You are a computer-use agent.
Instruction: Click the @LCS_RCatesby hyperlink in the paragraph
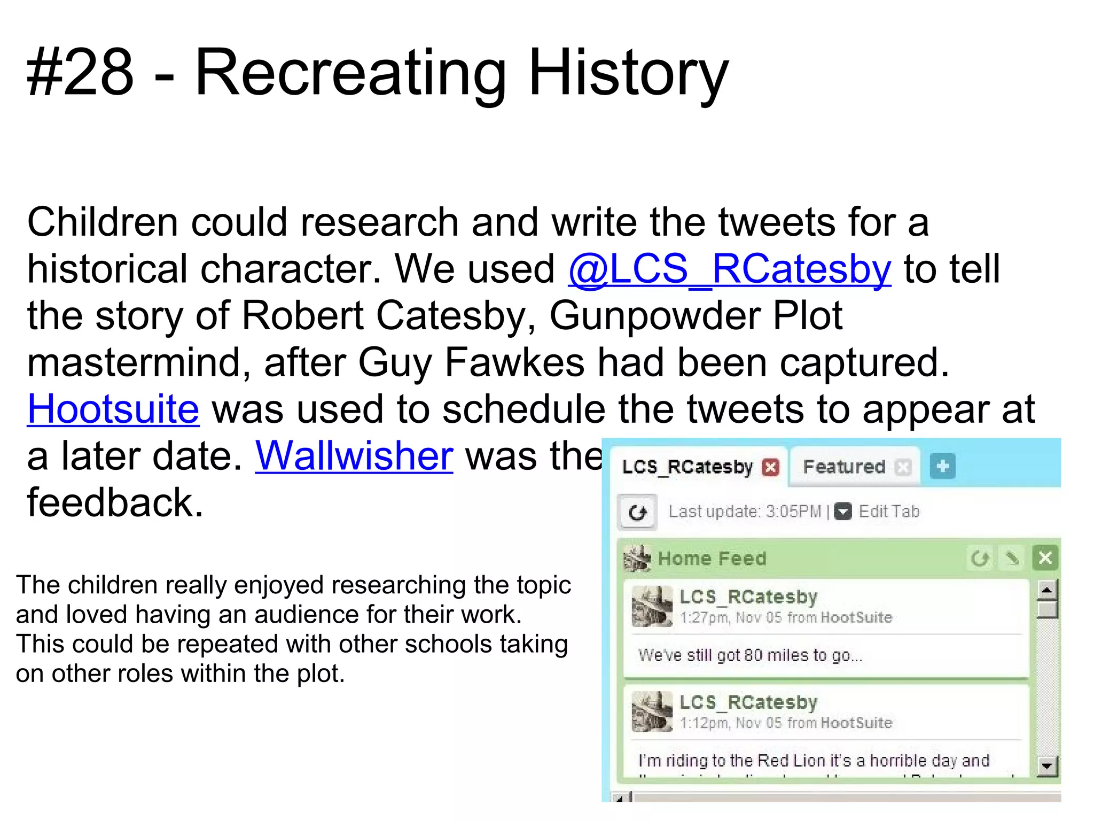tap(729, 269)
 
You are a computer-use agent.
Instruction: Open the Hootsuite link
tap(113, 409)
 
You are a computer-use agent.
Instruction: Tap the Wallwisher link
tap(354, 456)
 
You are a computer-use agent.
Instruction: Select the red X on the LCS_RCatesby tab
tap(770, 467)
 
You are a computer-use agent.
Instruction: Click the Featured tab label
tap(844, 467)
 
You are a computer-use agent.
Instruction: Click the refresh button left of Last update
tap(637, 513)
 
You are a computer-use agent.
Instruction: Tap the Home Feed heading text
tap(712, 559)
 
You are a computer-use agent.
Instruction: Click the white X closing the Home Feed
tap(1045, 558)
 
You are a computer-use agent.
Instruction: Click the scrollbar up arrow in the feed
tap(1047, 590)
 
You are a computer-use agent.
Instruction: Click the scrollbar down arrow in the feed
tap(1047, 766)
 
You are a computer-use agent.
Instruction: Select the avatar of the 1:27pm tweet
tap(652, 607)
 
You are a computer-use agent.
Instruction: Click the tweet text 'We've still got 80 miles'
tap(750, 655)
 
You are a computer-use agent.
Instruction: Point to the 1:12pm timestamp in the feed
tap(704, 723)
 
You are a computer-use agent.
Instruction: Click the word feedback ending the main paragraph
tap(115, 503)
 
